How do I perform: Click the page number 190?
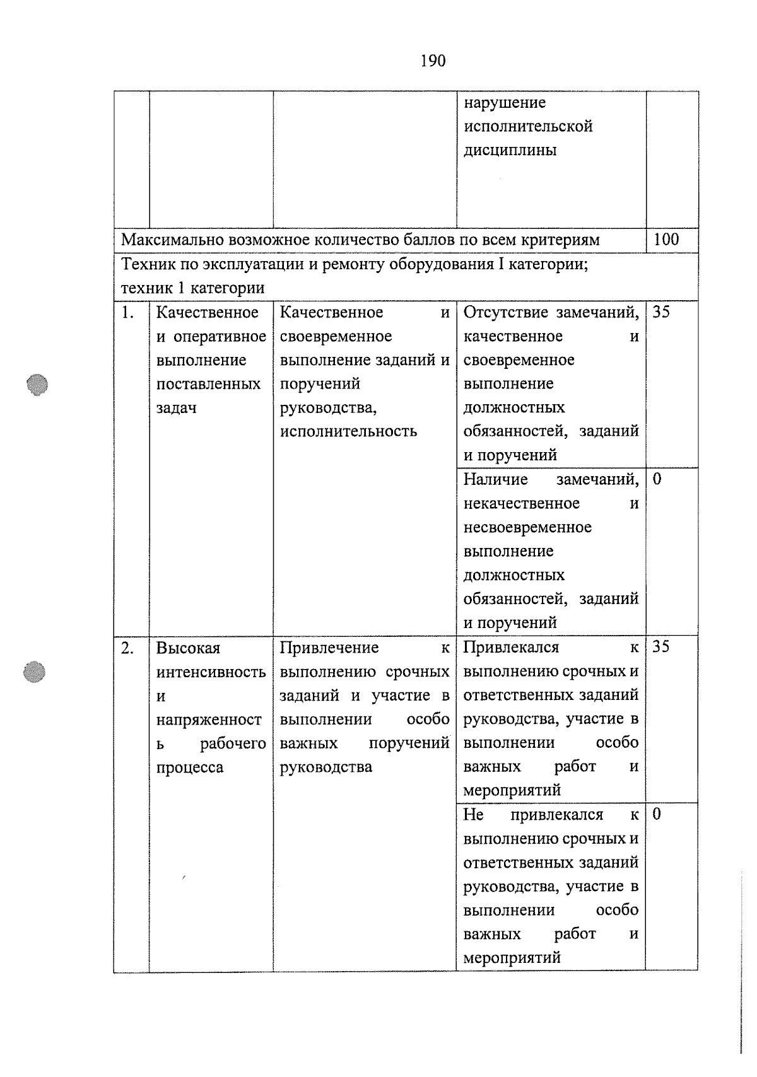[433, 61]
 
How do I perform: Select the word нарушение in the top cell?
[505, 102]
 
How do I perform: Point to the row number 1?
[128, 313]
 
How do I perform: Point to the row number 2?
[128, 648]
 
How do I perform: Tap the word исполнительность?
[348, 431]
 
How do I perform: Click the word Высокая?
[188, 648]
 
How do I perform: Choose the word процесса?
[189, 767]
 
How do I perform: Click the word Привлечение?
[329, 648]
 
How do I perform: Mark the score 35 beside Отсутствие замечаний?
[660, 312]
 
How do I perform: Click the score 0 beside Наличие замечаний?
[657, 479]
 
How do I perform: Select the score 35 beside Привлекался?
[660, 647]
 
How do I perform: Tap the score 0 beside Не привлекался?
[657, 814]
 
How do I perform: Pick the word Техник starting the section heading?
[143, 264]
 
